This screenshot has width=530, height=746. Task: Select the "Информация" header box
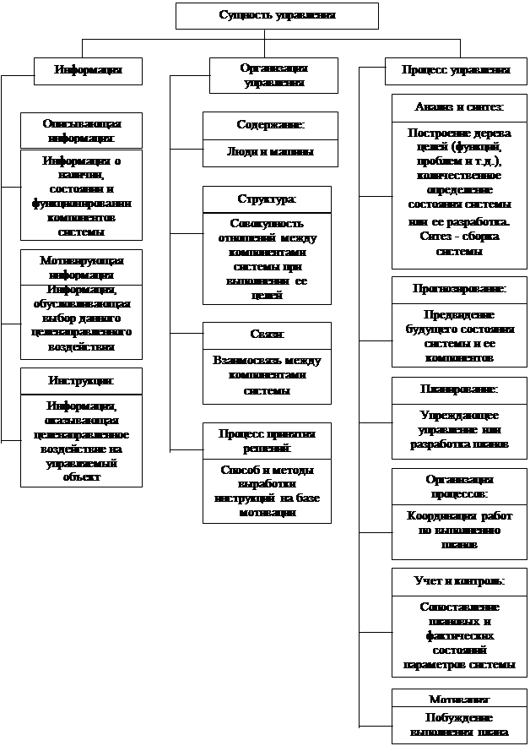(88, 70)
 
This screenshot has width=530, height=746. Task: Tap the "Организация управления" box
(273, 74)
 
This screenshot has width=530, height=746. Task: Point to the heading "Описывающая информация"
(82, 130)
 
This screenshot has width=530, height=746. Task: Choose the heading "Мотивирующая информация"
(82, 266)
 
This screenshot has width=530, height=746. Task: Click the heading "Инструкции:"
(82, 381)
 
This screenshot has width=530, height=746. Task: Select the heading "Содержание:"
(270, 125)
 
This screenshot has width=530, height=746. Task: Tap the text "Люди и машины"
(270, 153)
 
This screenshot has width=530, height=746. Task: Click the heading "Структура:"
(267, 199)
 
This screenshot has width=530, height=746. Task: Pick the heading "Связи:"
(267, 335)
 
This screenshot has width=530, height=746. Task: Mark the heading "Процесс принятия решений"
(267, 439)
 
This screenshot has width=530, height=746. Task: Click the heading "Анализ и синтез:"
(459, 108)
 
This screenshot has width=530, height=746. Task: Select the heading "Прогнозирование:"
(459, 289)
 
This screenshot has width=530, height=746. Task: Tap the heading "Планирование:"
(459, 389)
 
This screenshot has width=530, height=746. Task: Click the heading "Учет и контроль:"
(459, 581)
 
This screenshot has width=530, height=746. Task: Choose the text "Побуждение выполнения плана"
(459, 725)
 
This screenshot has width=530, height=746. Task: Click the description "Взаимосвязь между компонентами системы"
(267, 376)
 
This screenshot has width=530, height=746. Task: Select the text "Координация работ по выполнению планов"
(459, 531)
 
